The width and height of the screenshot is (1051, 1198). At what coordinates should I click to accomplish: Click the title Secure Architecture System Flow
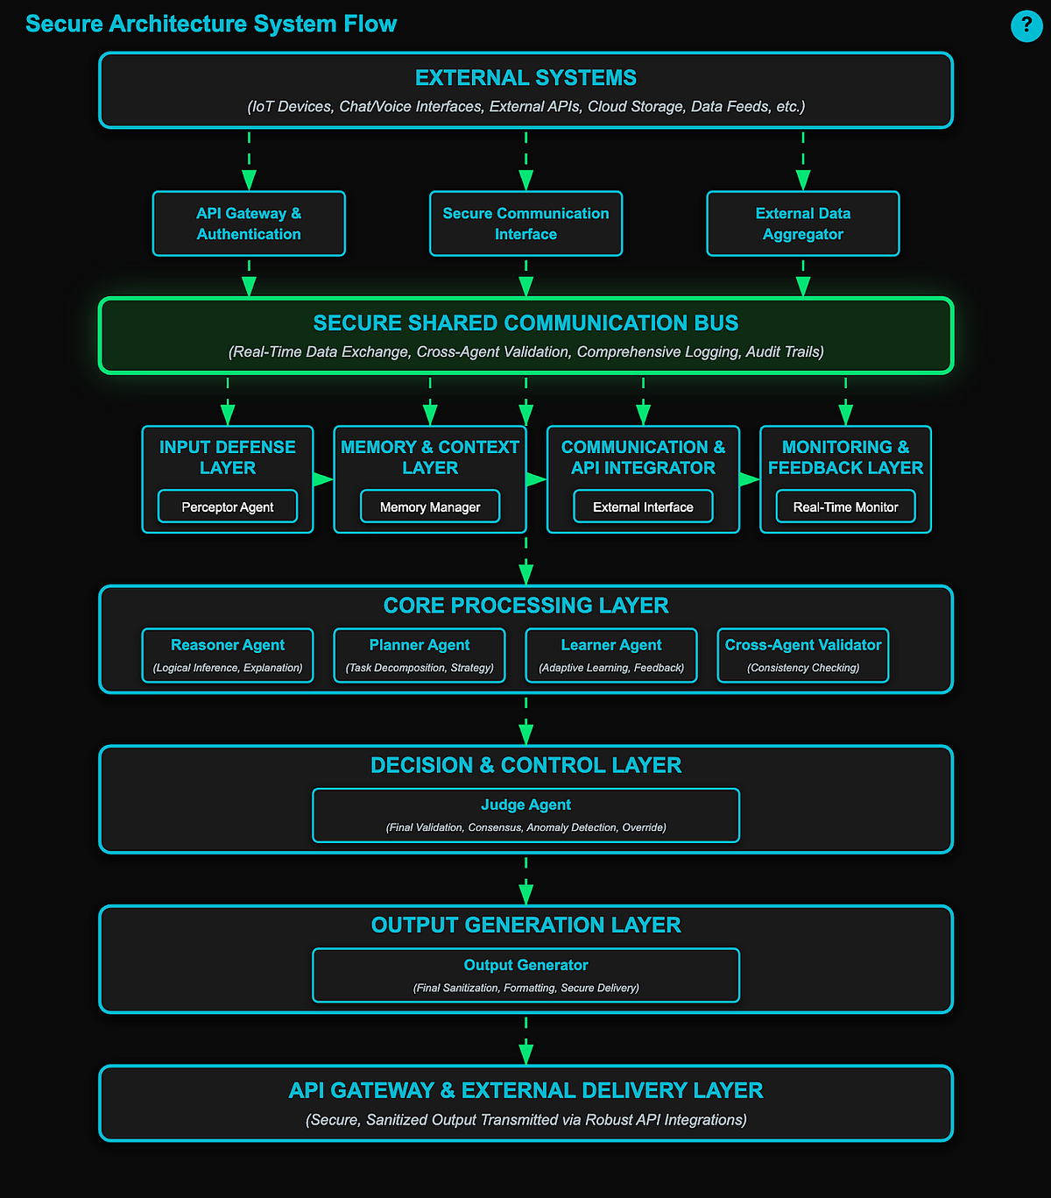(211, 24)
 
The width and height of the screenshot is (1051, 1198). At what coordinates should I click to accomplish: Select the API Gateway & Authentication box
(249, 223)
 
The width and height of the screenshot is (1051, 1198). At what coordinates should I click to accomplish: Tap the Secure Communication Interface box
(525, 223)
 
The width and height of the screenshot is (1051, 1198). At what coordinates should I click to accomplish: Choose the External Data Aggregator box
(802, 223)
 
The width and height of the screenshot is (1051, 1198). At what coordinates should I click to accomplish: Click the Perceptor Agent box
(228, 507)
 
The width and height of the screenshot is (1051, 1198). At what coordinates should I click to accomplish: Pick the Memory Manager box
(430, 507)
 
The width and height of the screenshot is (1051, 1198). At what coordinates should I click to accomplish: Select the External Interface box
(643, 507)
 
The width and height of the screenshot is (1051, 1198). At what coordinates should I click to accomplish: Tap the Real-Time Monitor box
(845, 507)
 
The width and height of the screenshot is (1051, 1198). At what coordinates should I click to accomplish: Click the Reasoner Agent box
(228, 655)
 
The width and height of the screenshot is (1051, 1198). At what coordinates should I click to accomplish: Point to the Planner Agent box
(420, 655)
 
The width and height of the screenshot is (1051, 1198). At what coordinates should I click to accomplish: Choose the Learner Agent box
(611, 655)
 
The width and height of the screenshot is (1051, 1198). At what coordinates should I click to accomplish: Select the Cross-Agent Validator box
(803, 655)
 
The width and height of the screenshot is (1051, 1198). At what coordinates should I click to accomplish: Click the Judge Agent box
(525, 815)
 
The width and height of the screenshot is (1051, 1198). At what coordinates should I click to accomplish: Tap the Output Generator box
(525, 975)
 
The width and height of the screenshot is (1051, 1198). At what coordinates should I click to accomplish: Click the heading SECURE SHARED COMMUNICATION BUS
(525, 323)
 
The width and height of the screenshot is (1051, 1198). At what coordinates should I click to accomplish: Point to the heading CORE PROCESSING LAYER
(525, 606)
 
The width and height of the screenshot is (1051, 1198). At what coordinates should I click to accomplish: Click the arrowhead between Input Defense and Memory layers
(323, 479)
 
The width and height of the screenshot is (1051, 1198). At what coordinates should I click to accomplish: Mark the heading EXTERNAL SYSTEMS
(525, 78)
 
